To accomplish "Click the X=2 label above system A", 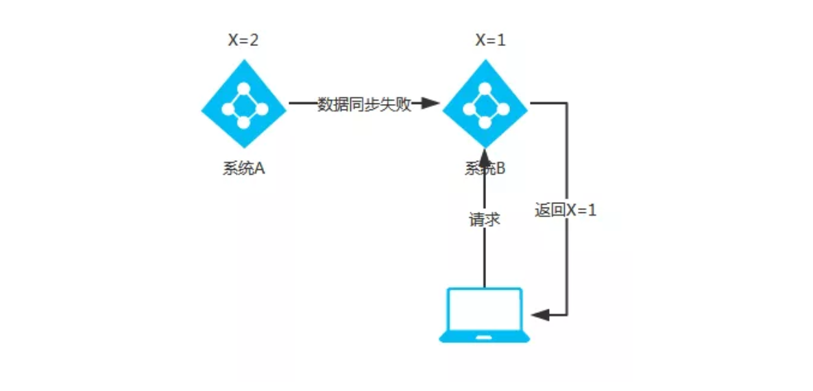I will [243, 40].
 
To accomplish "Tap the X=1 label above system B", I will [490, 40].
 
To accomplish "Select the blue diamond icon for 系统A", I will [243, 104].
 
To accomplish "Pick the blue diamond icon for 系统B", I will [485, 104].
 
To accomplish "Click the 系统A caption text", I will [243, 168].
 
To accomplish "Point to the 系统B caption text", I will [485, 168].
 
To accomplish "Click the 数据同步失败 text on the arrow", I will [364, 104].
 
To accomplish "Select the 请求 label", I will [485, 219].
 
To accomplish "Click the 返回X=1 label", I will [566, 210].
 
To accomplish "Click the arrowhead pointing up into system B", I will [485, 155].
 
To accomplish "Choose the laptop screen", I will [485, 310].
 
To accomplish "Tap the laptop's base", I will [485, 337].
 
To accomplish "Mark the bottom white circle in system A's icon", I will [243, 123].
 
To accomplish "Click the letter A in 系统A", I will [259, 168].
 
